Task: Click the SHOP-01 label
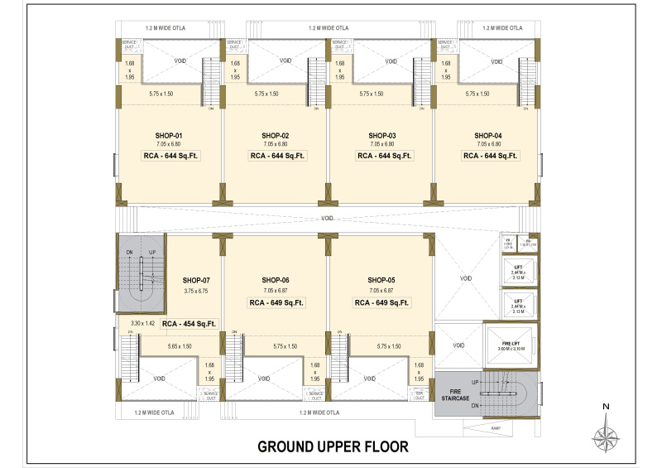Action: point(168,135)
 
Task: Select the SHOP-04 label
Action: point(488,135)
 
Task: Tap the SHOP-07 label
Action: point(196,280)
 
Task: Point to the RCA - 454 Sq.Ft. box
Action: point(189,324)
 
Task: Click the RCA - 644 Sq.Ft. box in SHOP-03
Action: point(383,155)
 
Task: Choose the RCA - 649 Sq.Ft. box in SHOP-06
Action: point(276,303)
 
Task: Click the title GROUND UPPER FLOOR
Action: point(333,446)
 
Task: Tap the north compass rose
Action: point(606,433)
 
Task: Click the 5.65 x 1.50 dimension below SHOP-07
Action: point(180,345)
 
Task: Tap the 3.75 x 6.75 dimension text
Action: point(196,291)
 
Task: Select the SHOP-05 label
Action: point(382,280)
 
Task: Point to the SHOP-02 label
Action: point(275,135)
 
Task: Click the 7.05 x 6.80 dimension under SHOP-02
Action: point(275,144)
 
